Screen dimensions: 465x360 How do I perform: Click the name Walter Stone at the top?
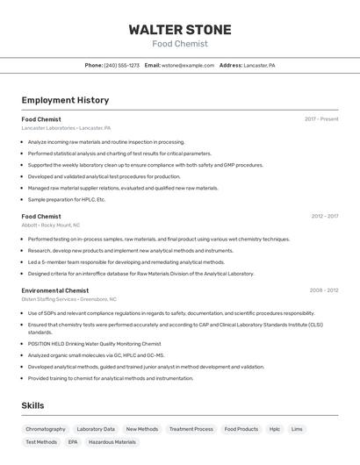[180, 29]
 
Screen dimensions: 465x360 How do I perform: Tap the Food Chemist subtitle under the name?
[180, 44]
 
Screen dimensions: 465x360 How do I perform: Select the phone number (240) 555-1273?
[121, 65]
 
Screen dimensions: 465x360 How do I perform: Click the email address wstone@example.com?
[188, 65]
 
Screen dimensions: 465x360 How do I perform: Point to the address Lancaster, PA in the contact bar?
[259, 65]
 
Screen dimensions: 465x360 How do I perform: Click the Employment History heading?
[65, 100]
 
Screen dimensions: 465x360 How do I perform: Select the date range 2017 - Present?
[321, 119]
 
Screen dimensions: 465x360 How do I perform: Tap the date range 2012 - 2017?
[324, 216]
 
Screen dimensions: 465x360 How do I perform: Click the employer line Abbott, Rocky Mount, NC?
[51, 225]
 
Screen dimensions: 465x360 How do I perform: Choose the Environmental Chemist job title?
[55, 290]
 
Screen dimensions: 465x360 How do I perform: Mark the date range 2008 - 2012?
[323, 290]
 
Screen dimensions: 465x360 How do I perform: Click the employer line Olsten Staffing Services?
[68, 299]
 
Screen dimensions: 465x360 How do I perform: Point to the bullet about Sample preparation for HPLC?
[66, 199]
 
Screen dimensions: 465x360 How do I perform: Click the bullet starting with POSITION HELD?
[94, 344]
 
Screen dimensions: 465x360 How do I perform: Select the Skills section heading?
[32, 406]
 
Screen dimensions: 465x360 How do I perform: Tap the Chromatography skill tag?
[46, 429]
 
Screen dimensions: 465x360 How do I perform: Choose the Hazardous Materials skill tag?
[112, 442]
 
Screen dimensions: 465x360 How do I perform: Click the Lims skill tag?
[297, 429]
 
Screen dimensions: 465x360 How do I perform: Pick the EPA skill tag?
[73, 442]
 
